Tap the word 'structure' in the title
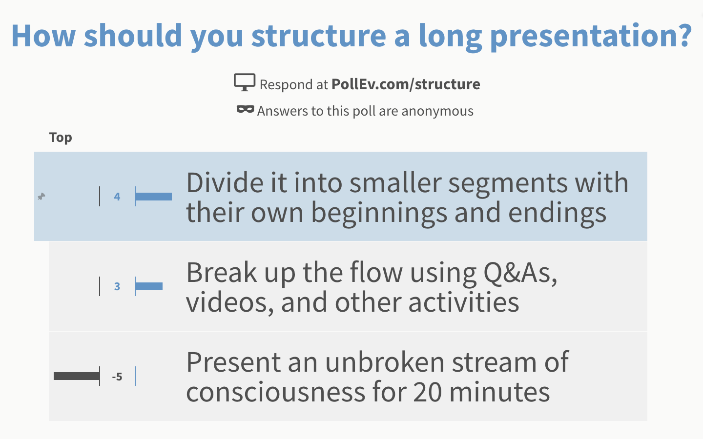pyautogui.click(x=318, y=36)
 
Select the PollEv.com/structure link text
pyautogui.click(x=405, y=84)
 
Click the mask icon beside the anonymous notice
pyautogui.click(x=245, y=109)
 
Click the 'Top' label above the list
pyautogui.click(x=61, y=138)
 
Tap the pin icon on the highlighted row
pyautogui.click(x=41, y=196)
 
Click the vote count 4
pyautogui.click(x=117, y=197)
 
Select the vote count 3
pyautogui.click(x=117, y=286)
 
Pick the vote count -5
pyautogui.click(x=117, y=377)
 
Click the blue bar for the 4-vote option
pyautogui.click(x=153, y=197)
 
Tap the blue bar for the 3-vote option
pyautogui.click(x=149, y=286)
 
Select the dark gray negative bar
pyautogui.click(x=77, y=376)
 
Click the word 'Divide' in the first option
pyautogui.click(x=225, y=183)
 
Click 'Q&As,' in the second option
pyautogui.click(x=520, y=273)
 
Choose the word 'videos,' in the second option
pyautogui.click(x=230, y=302)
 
